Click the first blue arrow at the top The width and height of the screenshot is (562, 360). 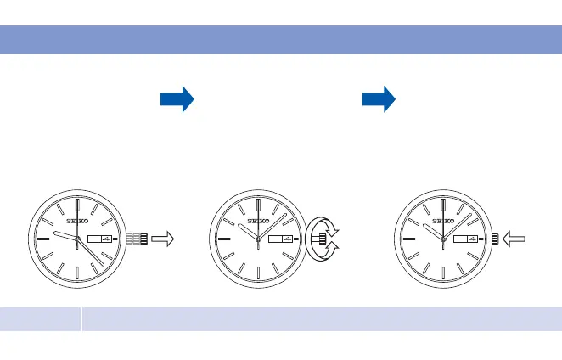click(177, 99)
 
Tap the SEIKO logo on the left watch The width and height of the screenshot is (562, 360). click(76, 222)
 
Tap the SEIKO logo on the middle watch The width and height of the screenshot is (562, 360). click(257, 222)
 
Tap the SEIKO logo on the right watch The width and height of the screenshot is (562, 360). click(443, 222)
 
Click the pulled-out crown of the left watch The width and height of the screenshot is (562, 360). click(143, 240)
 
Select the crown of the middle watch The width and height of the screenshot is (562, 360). click(320, 240)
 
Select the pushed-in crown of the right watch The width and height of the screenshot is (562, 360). click(494, 240)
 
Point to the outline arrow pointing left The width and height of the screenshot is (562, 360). click(514, 240)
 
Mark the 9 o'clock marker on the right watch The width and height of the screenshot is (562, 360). click(407, 240)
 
